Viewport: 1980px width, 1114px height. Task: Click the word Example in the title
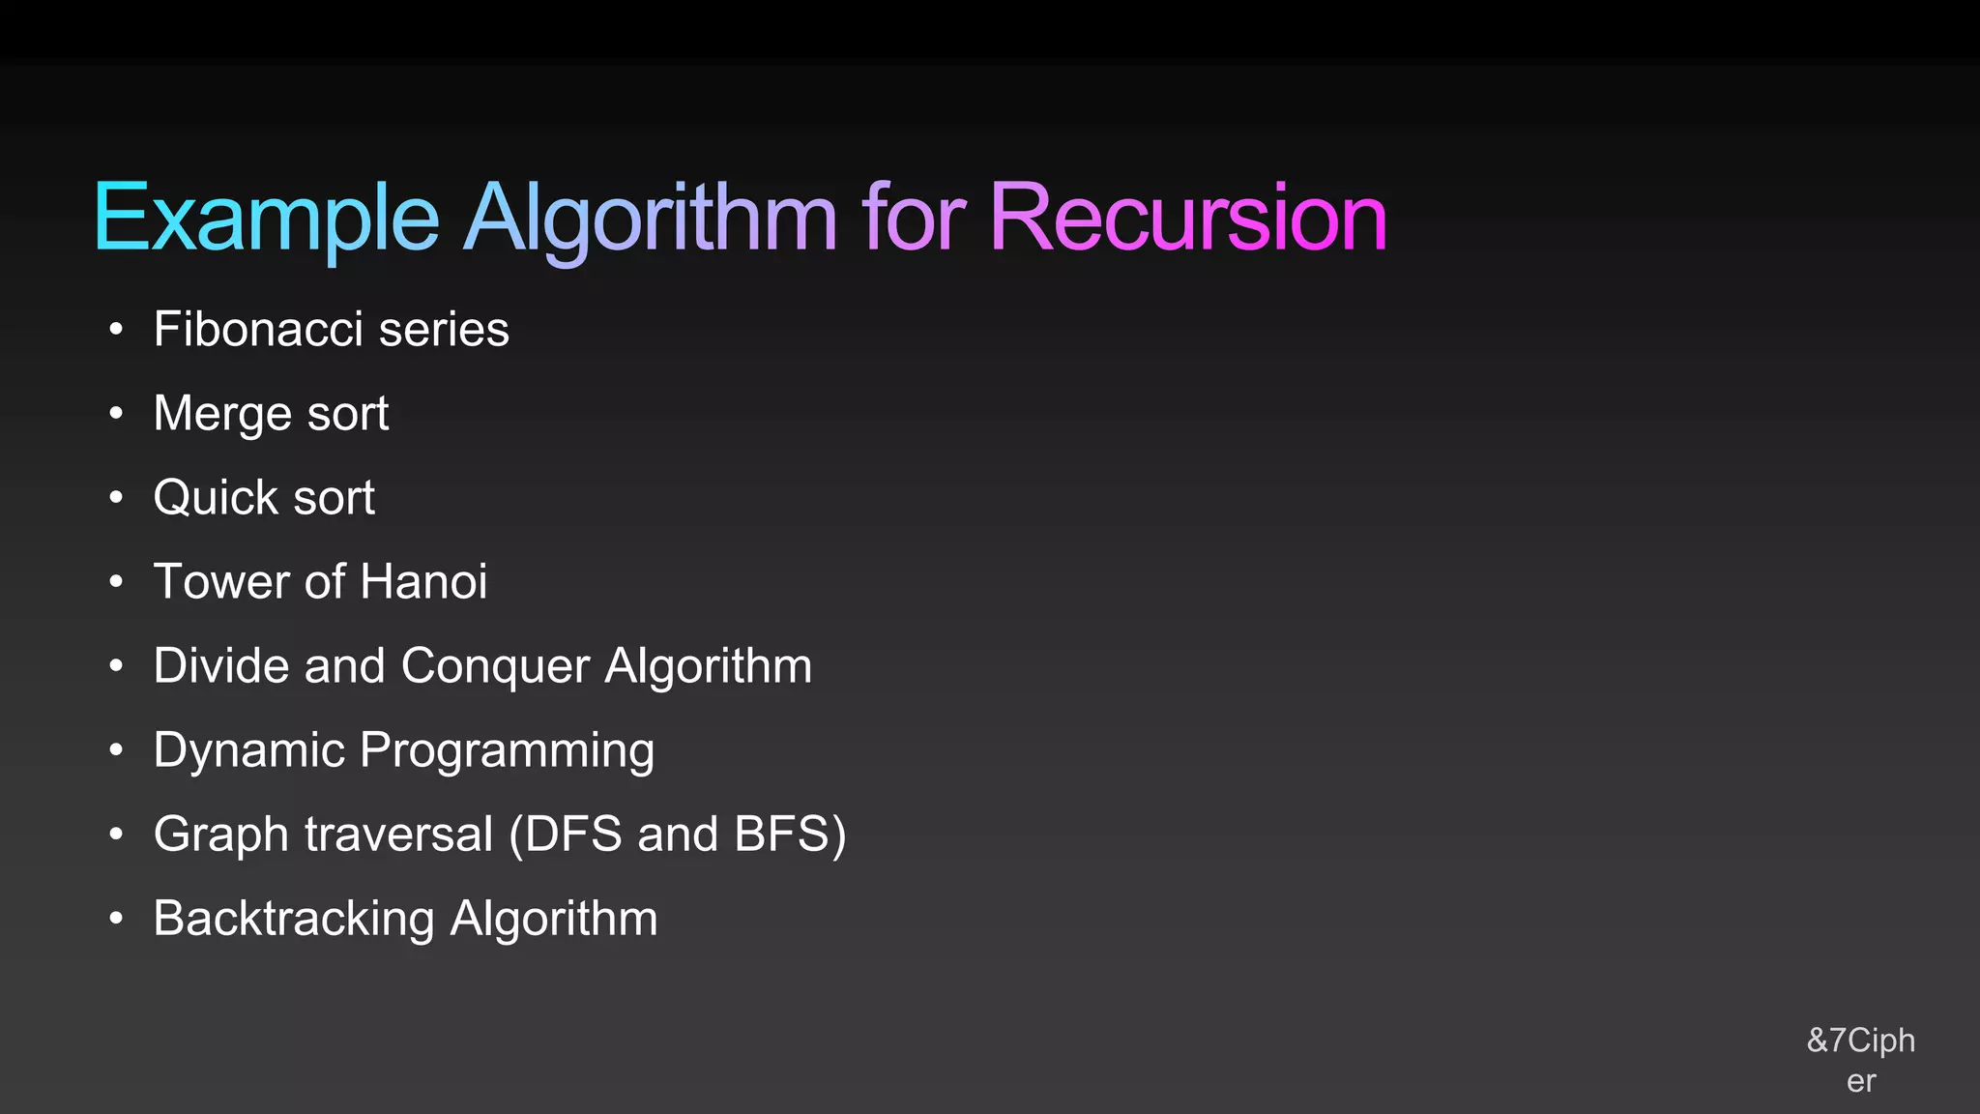click(x=266, y=220)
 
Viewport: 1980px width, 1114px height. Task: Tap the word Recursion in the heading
click(x=1187, y=218)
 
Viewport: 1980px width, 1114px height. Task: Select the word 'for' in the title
click(x=913, y=218)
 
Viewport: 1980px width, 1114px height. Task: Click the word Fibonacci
click(x=258, y=329)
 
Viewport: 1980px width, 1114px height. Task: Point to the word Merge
click(x=221, y=414)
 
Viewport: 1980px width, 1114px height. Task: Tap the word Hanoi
click(x=423, y=582)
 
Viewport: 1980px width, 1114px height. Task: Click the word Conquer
click(x=495, y=666)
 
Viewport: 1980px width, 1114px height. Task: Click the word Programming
click(x=507, y=751)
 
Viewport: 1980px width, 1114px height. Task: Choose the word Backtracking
click(x=293, y=919)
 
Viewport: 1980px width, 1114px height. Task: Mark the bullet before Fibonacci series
click(x=116, y=330)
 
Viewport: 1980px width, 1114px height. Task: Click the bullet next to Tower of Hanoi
click(x=116, y=582)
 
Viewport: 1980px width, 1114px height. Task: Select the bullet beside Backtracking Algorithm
click(x=116, y=919)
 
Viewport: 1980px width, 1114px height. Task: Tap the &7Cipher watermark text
click(x=1860, y=1060)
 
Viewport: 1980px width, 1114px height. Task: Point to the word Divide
click(x=220, y=666)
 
